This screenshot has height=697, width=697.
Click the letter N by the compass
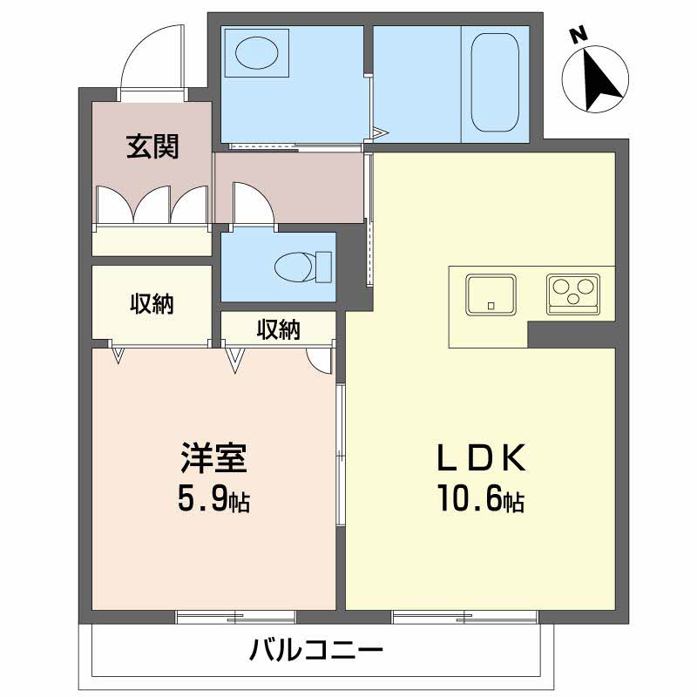coord(577,36)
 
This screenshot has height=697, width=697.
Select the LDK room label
coord(480,457)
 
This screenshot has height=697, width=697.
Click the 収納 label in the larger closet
coord(152,304)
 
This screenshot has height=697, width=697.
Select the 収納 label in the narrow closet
coord(278,329)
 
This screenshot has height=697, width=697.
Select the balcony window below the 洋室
coord(235,617)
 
